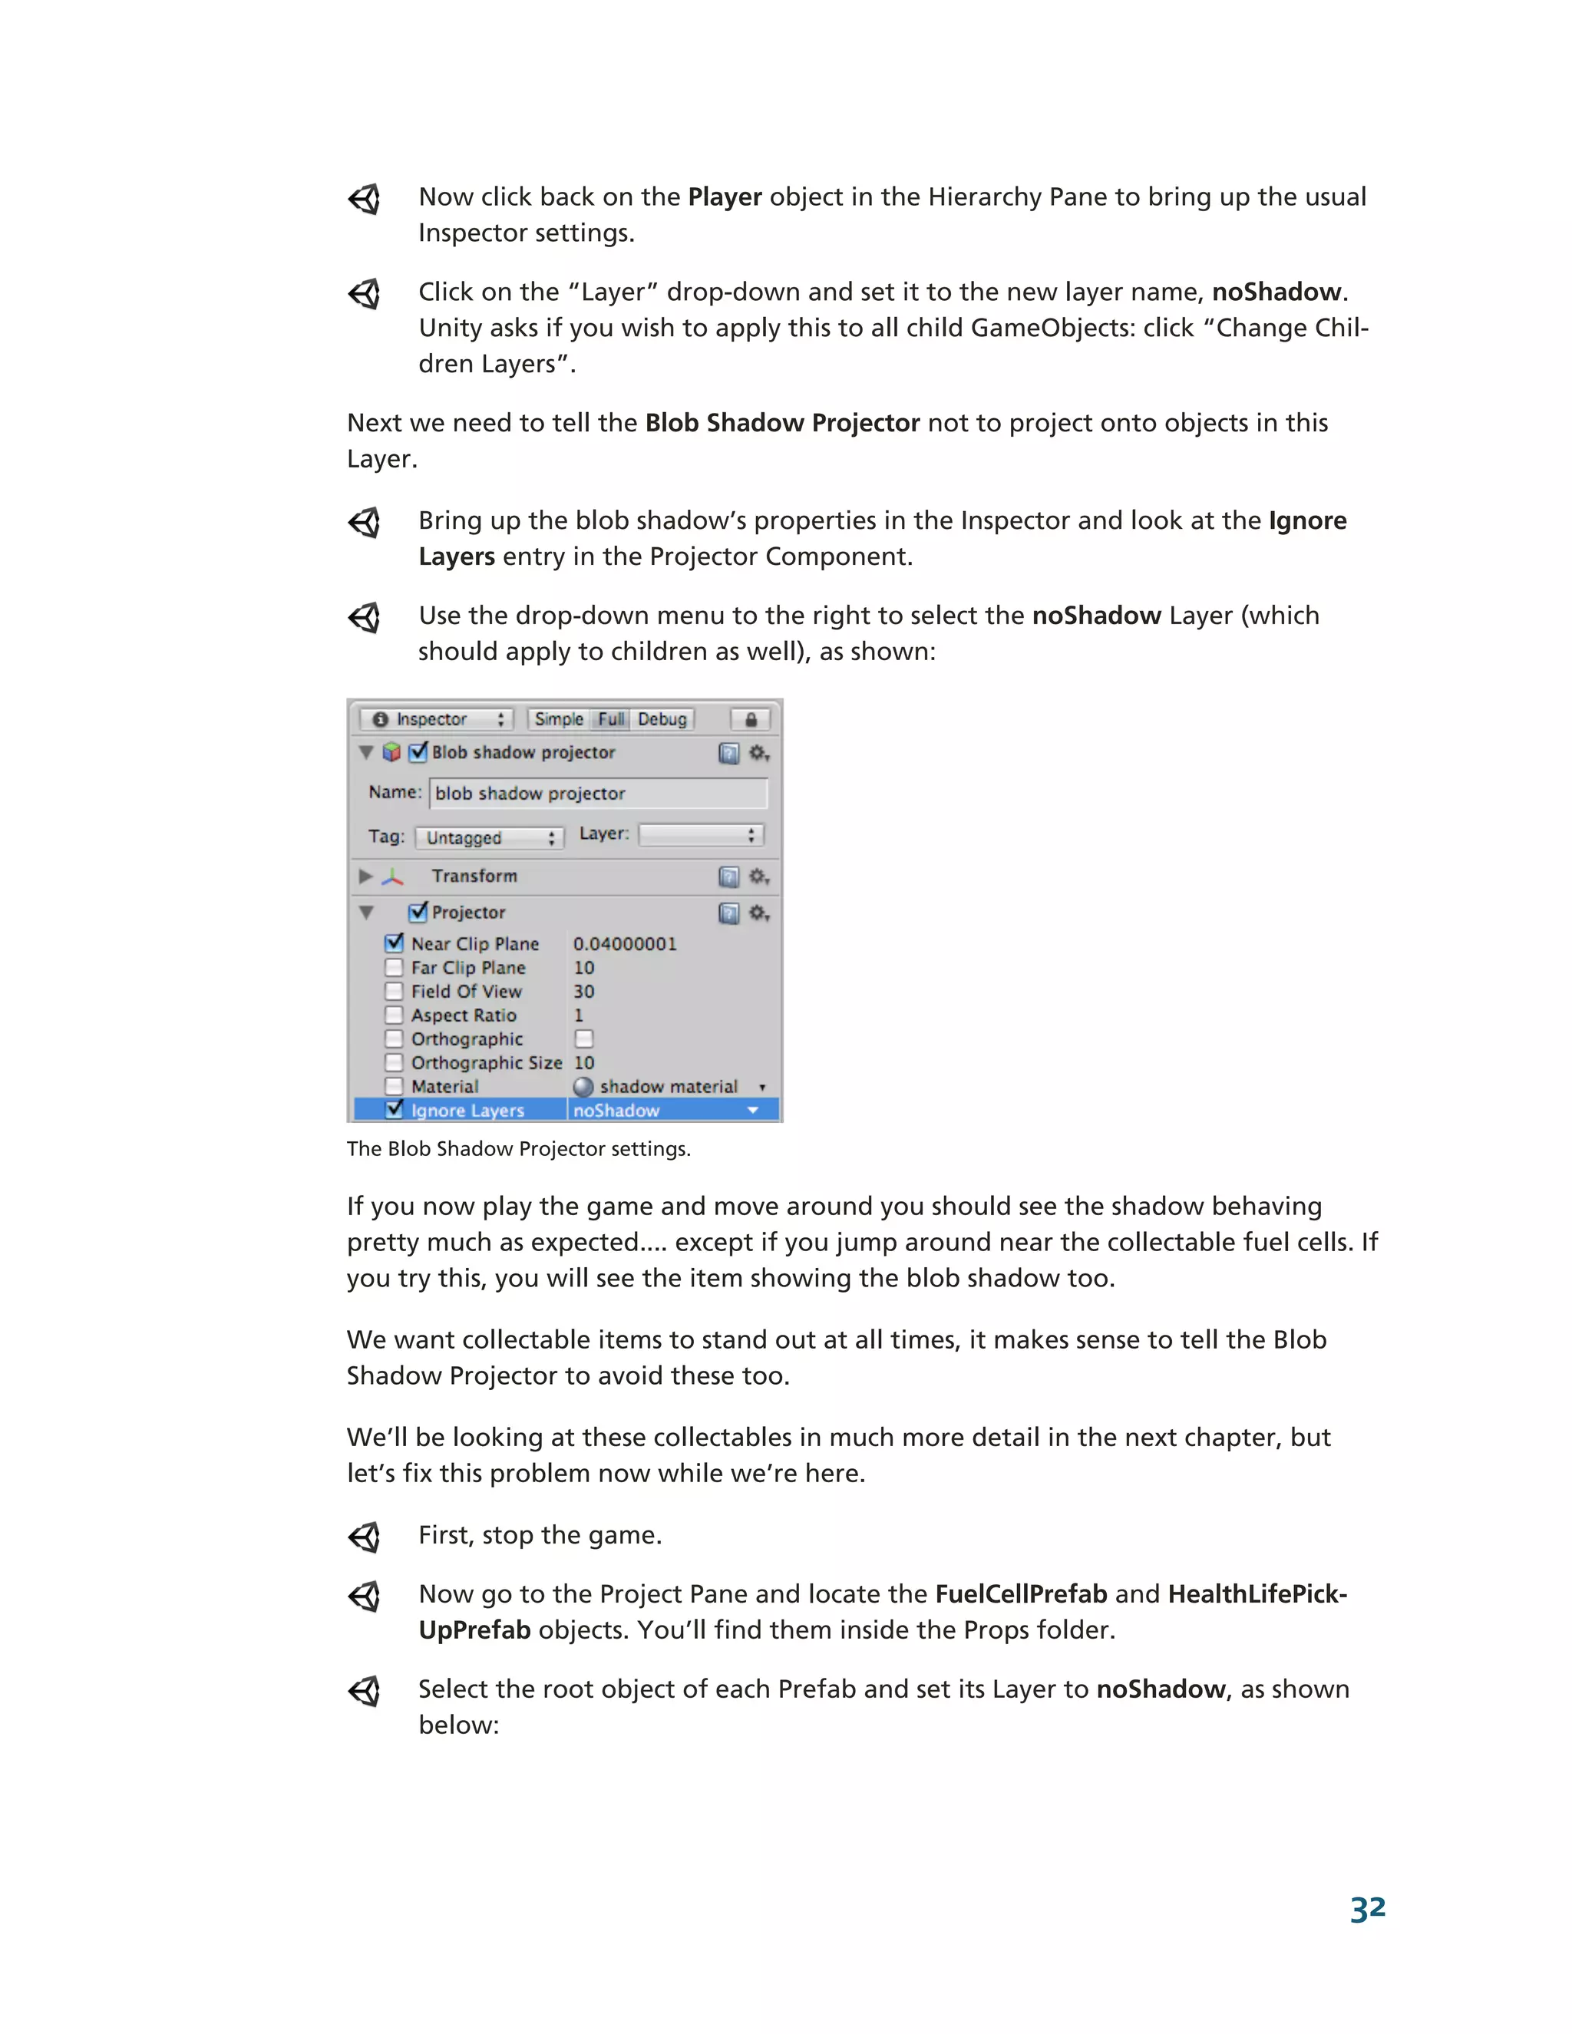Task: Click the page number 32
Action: click(x=1367, y=1908)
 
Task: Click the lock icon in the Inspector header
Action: click(x=751, y=719)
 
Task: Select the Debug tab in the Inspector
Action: click(x=662, y=719)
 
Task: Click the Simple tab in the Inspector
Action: click(x=559, y=719)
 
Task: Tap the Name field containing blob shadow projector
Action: click(x=598, y=794)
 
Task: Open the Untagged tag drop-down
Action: click(x=489, y=837)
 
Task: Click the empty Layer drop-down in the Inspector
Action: click(x=700, y=834)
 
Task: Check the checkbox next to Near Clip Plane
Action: click(x=394, y=943)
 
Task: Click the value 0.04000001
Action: click(x=625, y=943)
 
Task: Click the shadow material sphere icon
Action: click(x=584, y=1087)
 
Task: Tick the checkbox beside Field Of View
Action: click(x=394, y=991)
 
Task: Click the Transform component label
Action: click(x=474, y=876)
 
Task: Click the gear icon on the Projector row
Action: click(x=759, y=913)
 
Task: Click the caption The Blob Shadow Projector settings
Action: click(x=518, y=1148)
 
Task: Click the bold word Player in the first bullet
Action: click(x=725, y=196)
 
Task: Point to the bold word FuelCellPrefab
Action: click(x=1021, y=1593)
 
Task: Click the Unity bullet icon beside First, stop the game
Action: click(x=364, y=1536)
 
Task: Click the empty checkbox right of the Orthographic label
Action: click(x=584, y=1038)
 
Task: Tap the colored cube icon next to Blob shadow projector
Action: click(x=392, y=751)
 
